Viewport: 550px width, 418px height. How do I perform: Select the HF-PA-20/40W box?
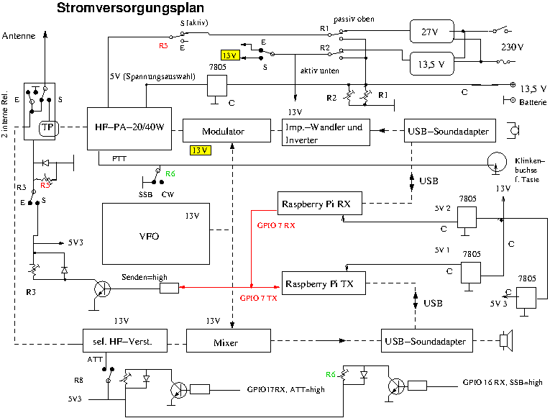tap(129, 129)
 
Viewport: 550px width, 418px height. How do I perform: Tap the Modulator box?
tap(223, 132)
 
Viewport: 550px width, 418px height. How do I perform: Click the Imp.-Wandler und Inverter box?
tap(326, 132)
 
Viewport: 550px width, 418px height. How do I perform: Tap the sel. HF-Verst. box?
tap(126, 341)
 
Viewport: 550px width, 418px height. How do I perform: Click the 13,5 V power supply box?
tap(431, 63)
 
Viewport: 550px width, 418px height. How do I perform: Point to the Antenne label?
tap(19, 35)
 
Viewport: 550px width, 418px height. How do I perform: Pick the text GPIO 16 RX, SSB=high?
tap(503, 383)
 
